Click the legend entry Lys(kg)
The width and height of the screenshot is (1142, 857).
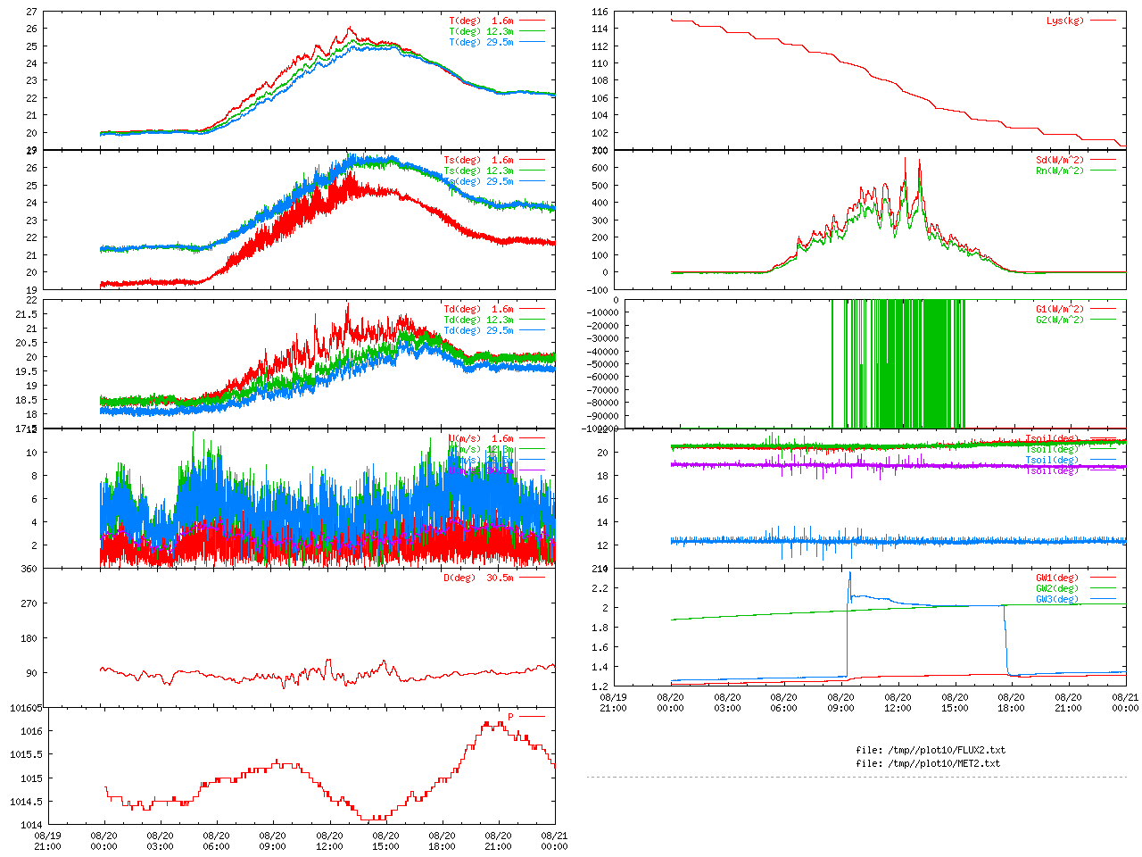[x=1065, y=21]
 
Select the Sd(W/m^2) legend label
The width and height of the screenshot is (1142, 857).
[x=1060, y=161]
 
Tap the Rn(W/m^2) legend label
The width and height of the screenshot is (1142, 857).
[x=1060, y=171]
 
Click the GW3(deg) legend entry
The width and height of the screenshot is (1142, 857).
[x=1057, y=599]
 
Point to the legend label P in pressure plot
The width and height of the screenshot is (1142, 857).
[x=510, y=717]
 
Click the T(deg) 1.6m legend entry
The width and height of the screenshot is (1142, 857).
[x=481, y=21]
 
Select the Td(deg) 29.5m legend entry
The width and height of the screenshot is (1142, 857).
[x=478, y=330]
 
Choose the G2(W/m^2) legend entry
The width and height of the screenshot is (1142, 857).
[x=1060, y=320]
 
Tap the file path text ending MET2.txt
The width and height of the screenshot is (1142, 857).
[x=928, y=763]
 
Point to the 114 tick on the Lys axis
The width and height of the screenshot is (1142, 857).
[x=599, y=29]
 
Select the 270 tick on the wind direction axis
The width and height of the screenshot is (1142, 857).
[x=31, y=603]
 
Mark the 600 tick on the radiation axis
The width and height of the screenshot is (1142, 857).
[x=599, y=168]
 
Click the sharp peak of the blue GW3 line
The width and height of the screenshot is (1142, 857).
[x=849, y=572]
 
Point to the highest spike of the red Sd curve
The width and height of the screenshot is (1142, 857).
[x=906, y=158]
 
